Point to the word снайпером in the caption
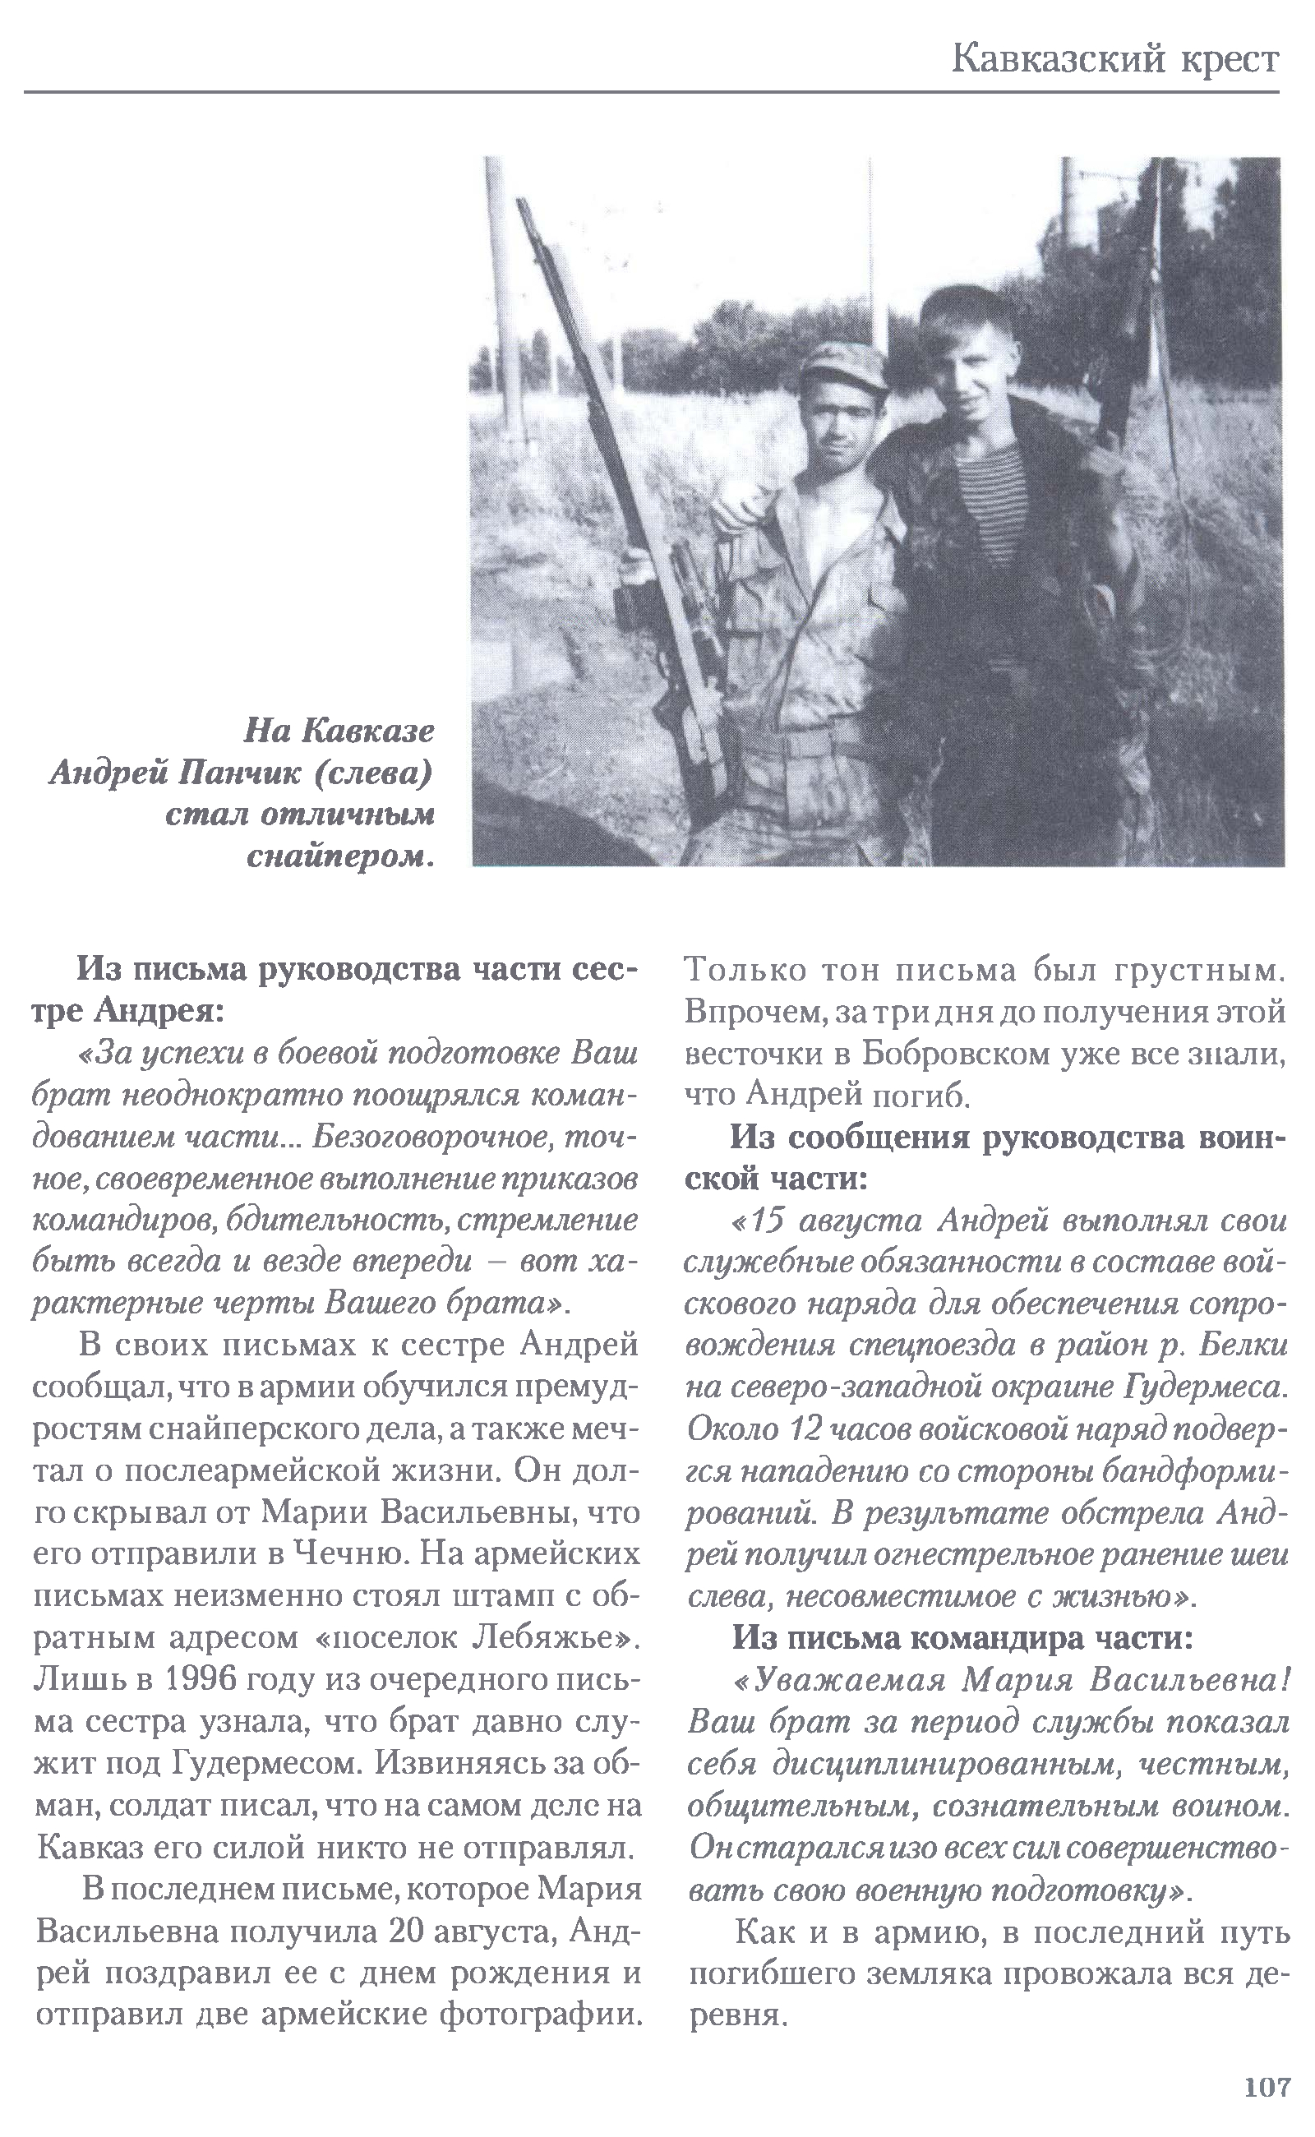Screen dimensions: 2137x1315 [x=340, y=856]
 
